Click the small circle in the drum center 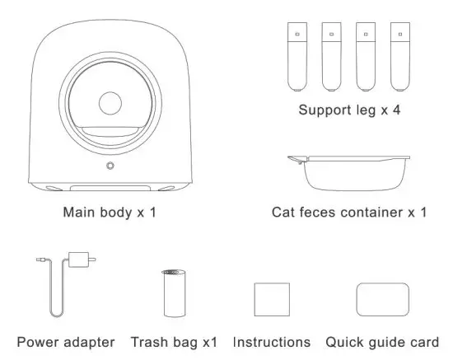[x=110, y=104]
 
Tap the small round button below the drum [x=110, y=166]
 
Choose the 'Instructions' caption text [x=272, y=341]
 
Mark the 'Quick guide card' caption [x=382, y=341]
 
